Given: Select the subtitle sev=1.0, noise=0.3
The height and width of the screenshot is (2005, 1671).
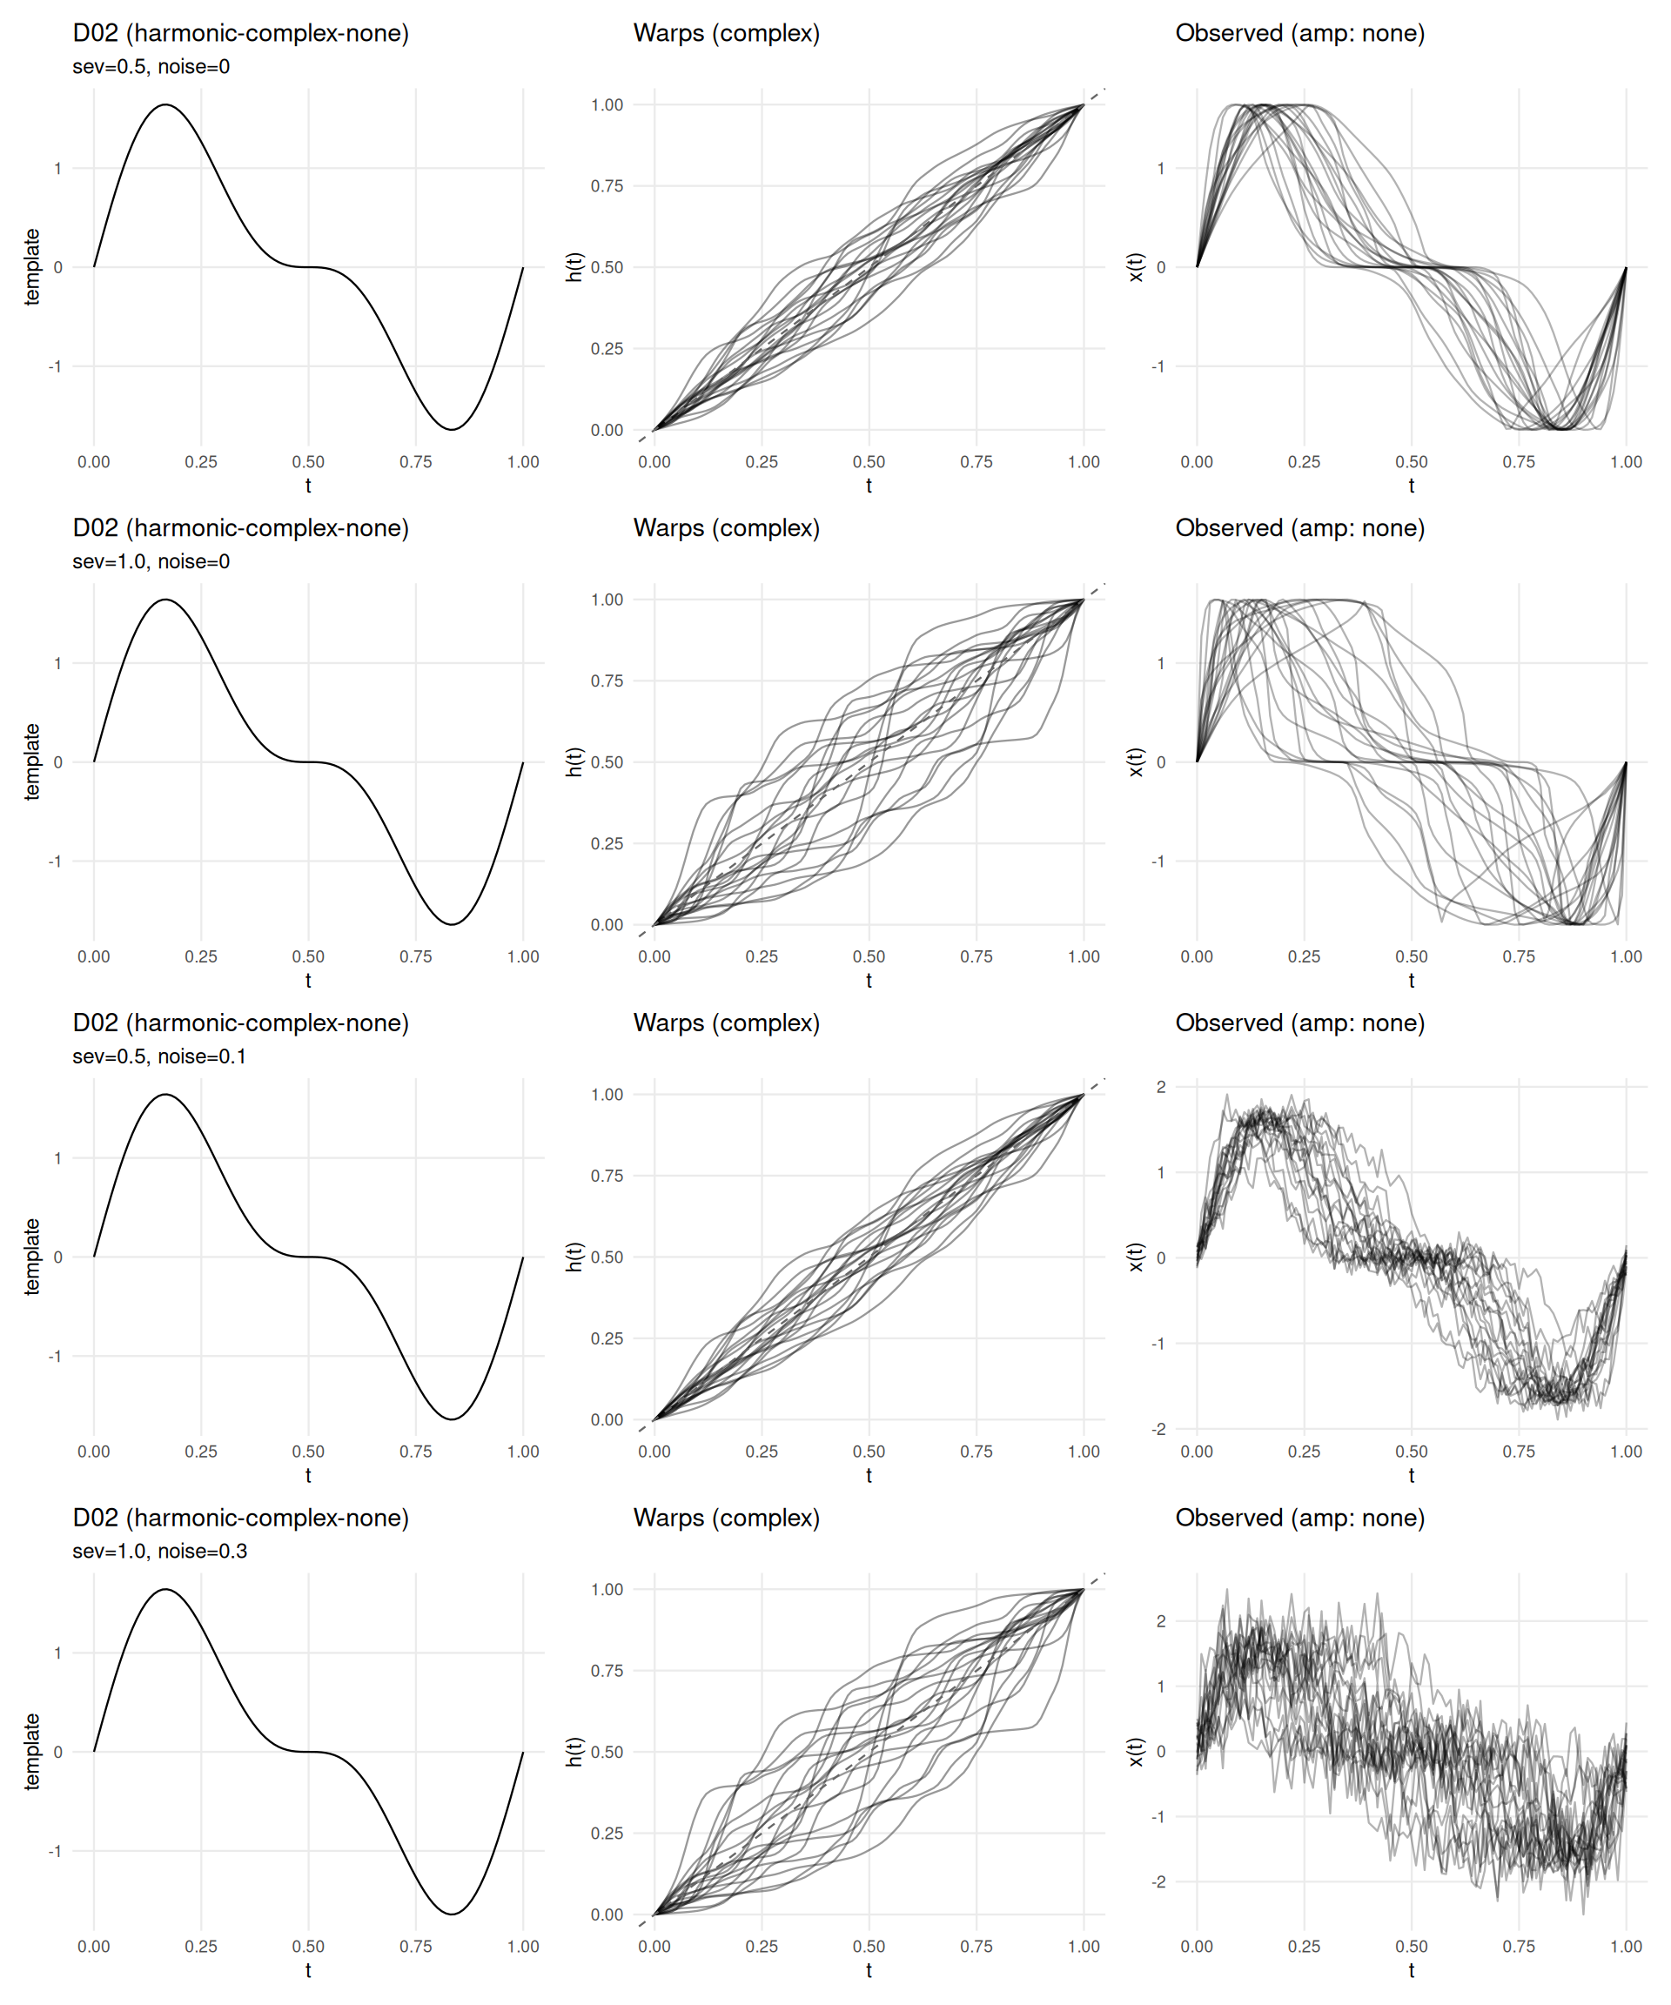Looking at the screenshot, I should pos(159,1551).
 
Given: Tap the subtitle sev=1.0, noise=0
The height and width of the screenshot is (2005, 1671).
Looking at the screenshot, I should pos(151,561).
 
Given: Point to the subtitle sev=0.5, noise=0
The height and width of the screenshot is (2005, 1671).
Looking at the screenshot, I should pos(151,67).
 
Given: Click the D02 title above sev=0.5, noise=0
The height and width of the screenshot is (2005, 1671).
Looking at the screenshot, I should pos(240,33).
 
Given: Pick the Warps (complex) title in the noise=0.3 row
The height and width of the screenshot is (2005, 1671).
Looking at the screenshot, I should pos(726,1517).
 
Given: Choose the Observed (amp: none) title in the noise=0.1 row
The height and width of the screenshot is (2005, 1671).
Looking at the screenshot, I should pos(1299,1023).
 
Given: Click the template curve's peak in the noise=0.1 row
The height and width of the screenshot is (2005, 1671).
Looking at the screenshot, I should pos(165,1095).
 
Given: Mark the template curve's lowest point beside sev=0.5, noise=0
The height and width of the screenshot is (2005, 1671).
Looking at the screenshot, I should pos(452,429).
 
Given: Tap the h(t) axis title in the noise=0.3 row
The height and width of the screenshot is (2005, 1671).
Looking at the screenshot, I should pos(574,1751).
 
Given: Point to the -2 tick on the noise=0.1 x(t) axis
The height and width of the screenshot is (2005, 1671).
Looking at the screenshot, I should pos(1158,1428).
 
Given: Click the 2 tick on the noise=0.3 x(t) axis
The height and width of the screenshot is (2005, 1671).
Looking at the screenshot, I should pos(1160,1621).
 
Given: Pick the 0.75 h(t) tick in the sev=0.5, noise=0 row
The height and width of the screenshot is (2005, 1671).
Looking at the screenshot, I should pos(607,186).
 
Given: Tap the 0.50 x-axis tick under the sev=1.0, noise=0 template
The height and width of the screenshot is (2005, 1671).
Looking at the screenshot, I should pos(308,956).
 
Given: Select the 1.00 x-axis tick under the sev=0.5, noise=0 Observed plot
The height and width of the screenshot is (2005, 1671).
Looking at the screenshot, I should pos(1626,462).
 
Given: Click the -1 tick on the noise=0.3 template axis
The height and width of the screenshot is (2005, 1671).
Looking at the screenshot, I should pos(56,1850).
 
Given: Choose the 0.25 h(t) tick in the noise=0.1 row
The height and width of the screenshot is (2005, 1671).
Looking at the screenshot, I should pos(607,1338).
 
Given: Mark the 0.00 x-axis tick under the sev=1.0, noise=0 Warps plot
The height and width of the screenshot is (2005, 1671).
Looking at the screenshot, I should pos(654,956).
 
